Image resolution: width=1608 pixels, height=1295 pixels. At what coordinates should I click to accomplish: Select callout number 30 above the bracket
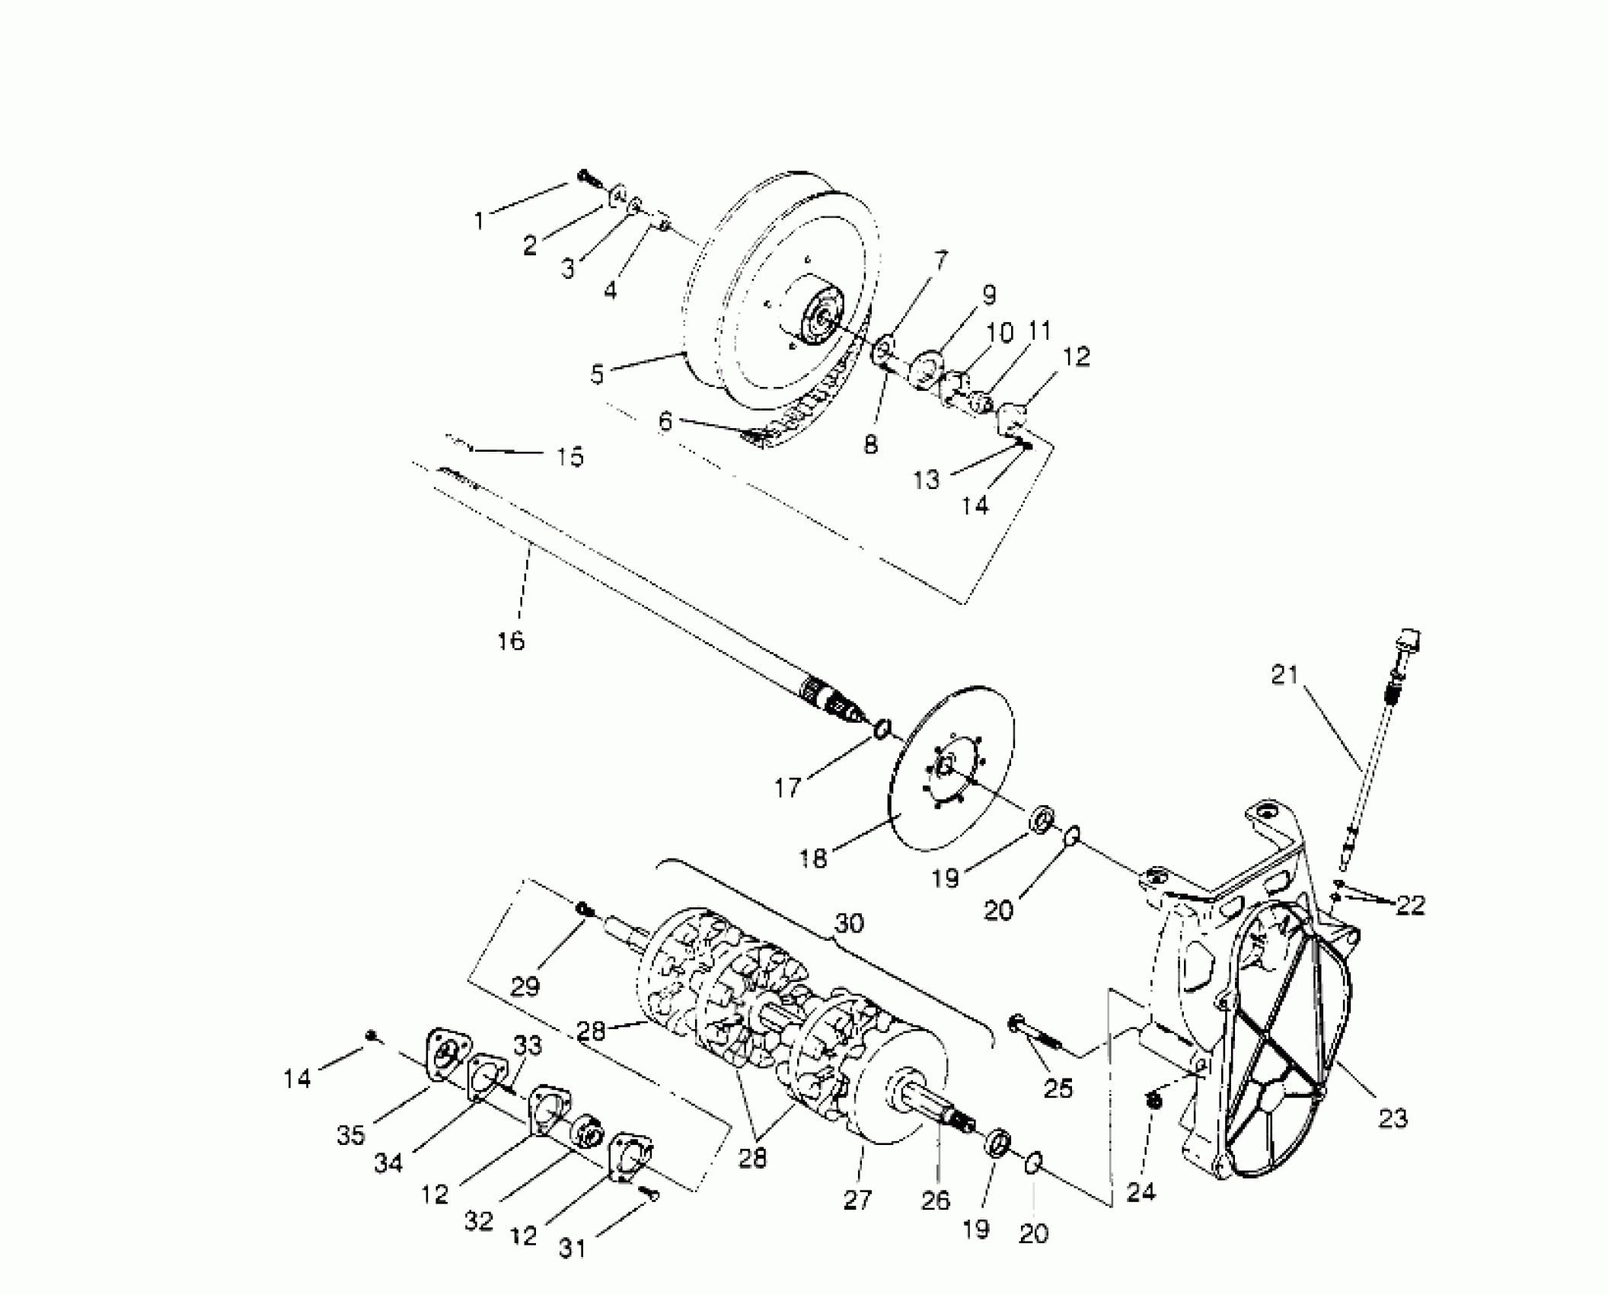coord(849,923)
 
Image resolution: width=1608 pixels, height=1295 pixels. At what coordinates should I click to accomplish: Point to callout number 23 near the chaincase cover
coord(1393,1118)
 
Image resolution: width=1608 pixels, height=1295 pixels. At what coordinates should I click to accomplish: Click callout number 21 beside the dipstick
coord(1284,675)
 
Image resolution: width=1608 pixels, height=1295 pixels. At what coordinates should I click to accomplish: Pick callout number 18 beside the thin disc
coord(813,858)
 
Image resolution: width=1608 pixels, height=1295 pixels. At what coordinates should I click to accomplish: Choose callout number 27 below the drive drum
coord(857,1200)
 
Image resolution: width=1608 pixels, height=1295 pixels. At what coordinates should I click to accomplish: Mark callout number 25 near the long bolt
coord(1058,1089)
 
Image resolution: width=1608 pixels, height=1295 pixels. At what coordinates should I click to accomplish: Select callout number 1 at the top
coord(480,221)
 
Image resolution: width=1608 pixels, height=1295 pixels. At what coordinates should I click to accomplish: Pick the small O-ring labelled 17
coord(882,728)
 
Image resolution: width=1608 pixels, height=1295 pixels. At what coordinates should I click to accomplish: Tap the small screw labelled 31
coord(649,1195)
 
